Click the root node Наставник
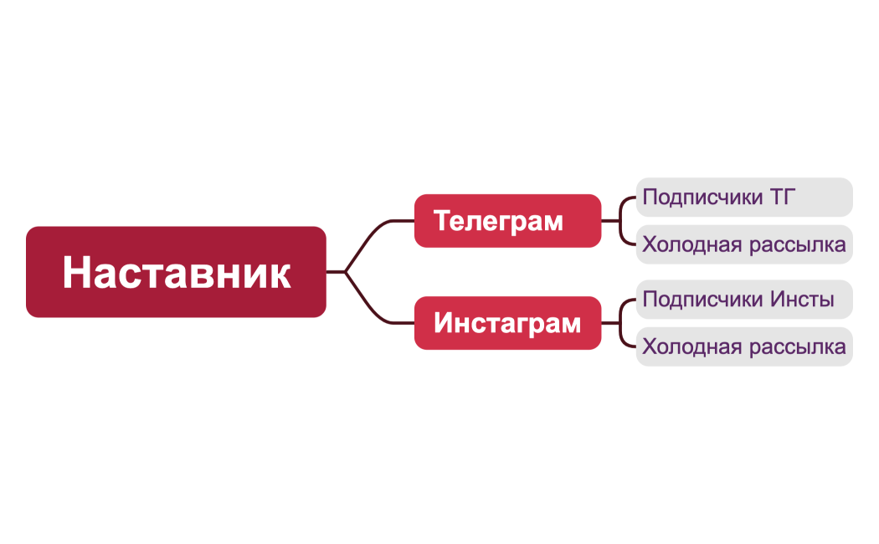point(176,272)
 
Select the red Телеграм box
point(507,221)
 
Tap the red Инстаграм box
point(507,323)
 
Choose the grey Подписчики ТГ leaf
point(743,198)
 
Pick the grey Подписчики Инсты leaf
point(743,299)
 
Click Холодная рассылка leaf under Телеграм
point(743,245)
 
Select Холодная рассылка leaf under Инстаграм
point(743,346)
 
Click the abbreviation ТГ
point(778,198)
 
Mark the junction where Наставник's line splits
point(345,272)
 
